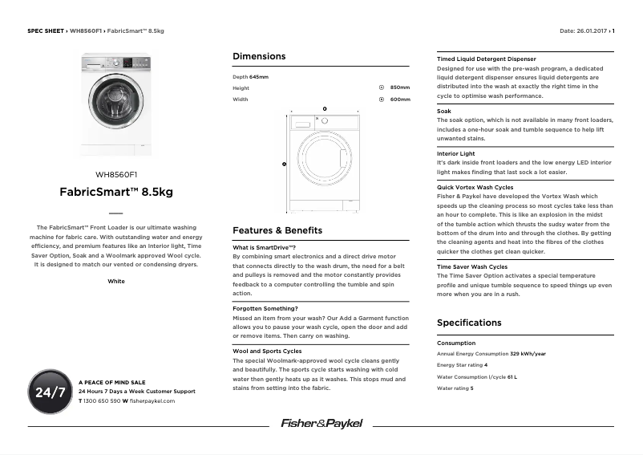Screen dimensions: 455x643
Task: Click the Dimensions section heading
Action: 259,57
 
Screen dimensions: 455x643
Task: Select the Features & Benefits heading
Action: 277,230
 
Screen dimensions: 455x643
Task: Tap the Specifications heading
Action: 469,323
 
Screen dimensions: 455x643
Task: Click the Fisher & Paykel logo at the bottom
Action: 321,423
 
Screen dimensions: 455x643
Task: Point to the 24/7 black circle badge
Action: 50,392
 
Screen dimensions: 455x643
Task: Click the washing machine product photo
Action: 116,104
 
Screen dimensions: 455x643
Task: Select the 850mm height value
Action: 399,87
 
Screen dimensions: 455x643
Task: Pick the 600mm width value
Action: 399,100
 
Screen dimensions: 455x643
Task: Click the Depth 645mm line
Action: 250,76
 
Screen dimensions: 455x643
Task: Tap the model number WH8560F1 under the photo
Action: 116,174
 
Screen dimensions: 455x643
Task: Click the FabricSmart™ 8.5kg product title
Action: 116,193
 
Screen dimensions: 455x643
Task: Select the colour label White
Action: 116,282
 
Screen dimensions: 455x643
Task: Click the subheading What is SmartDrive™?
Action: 265,247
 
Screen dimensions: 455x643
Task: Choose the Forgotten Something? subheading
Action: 265,308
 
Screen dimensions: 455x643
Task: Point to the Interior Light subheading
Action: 455,153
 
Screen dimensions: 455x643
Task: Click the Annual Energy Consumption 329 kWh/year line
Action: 491,353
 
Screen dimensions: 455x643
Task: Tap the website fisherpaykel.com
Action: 152,400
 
